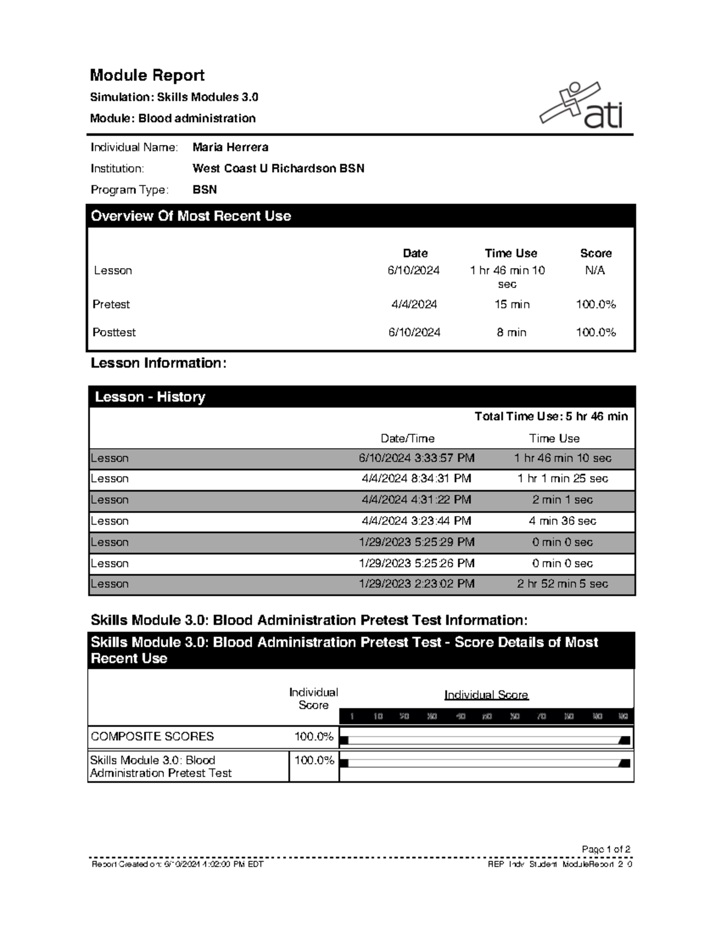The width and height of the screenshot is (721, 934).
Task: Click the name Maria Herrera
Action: tap(230, 147)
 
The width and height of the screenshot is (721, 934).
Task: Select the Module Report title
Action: tap(147, 75)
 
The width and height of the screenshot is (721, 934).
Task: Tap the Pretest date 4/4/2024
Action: tap(414, 304)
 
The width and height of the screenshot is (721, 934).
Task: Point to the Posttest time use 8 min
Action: tap(511, 333)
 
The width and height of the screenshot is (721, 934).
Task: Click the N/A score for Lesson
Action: tap(595, 271)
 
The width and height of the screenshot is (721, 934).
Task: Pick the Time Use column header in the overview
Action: tap(511, 253)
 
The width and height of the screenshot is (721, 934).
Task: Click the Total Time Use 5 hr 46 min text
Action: tap(551, 416)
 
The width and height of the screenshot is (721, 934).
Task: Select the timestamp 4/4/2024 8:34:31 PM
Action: tap(416, 479)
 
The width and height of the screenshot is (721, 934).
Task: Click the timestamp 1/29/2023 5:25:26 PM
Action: tap(416, 564)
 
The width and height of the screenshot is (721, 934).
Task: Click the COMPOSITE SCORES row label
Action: tap(152, 737)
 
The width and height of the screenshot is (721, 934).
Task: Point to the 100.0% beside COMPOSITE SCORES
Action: tap(314, 737)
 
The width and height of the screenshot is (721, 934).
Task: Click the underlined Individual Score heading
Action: tap(486, 695)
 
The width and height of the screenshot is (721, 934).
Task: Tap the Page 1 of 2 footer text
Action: tap(606, 849)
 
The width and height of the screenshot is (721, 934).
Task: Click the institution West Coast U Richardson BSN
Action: tap(278, 168)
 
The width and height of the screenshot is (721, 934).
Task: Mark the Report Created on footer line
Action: tap(177, 864)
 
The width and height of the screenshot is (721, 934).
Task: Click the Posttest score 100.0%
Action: tap(595, 333)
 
